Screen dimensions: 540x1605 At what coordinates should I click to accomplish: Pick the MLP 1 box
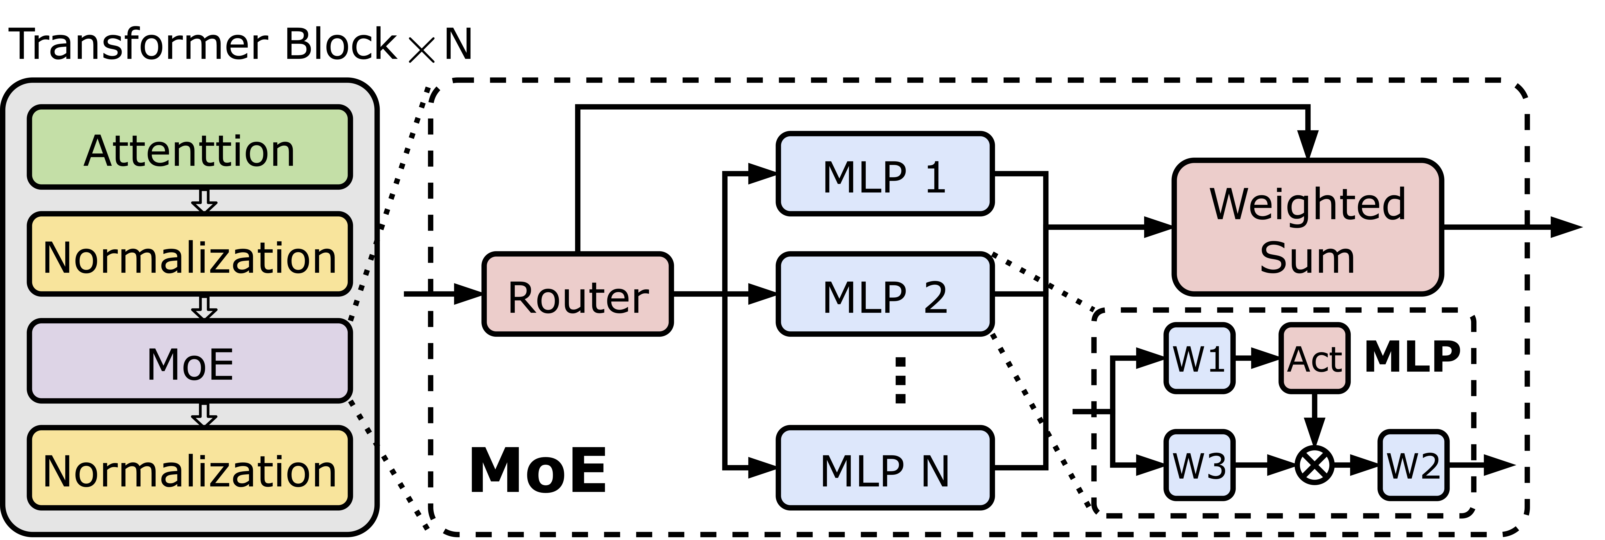885,174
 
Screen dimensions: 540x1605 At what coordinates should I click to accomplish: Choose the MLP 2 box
885,295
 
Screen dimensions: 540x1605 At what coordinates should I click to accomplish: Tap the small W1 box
1199,359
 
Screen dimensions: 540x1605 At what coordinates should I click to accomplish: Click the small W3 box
1199,465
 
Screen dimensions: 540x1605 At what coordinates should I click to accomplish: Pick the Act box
1315,359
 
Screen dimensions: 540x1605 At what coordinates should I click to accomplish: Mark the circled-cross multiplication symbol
1315,465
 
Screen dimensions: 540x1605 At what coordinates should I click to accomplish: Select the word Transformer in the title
138,45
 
